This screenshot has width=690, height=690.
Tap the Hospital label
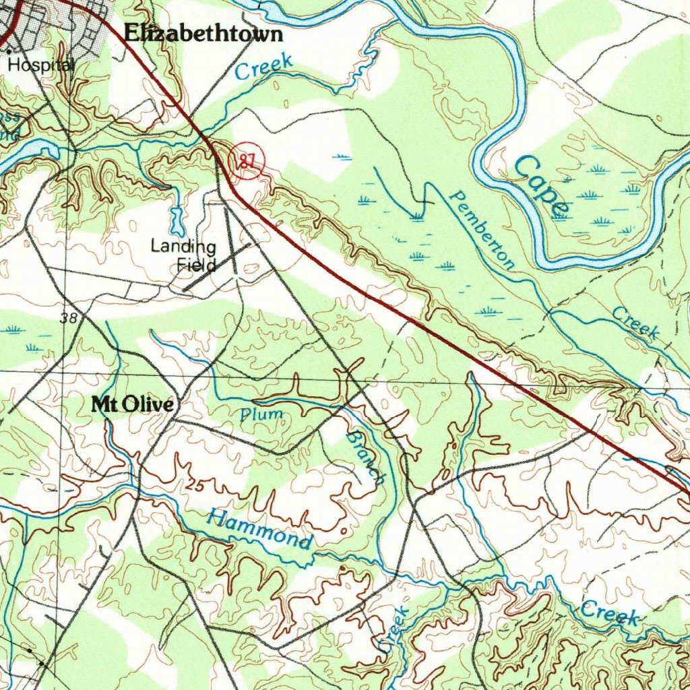(x=40, y=65)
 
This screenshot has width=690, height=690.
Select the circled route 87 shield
(x=247, y=162)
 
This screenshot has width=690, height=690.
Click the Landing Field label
(x=183, y=255)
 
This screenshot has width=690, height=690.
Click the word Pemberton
(x=482, y=229)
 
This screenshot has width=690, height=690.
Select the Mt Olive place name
(x=132, y=404)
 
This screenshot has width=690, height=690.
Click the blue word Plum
(x=262, y=414)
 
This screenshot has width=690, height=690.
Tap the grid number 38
(x=69, y=318)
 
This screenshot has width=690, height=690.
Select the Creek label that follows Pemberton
(x=635, y=321)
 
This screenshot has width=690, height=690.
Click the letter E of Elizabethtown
(x=132, y=34)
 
